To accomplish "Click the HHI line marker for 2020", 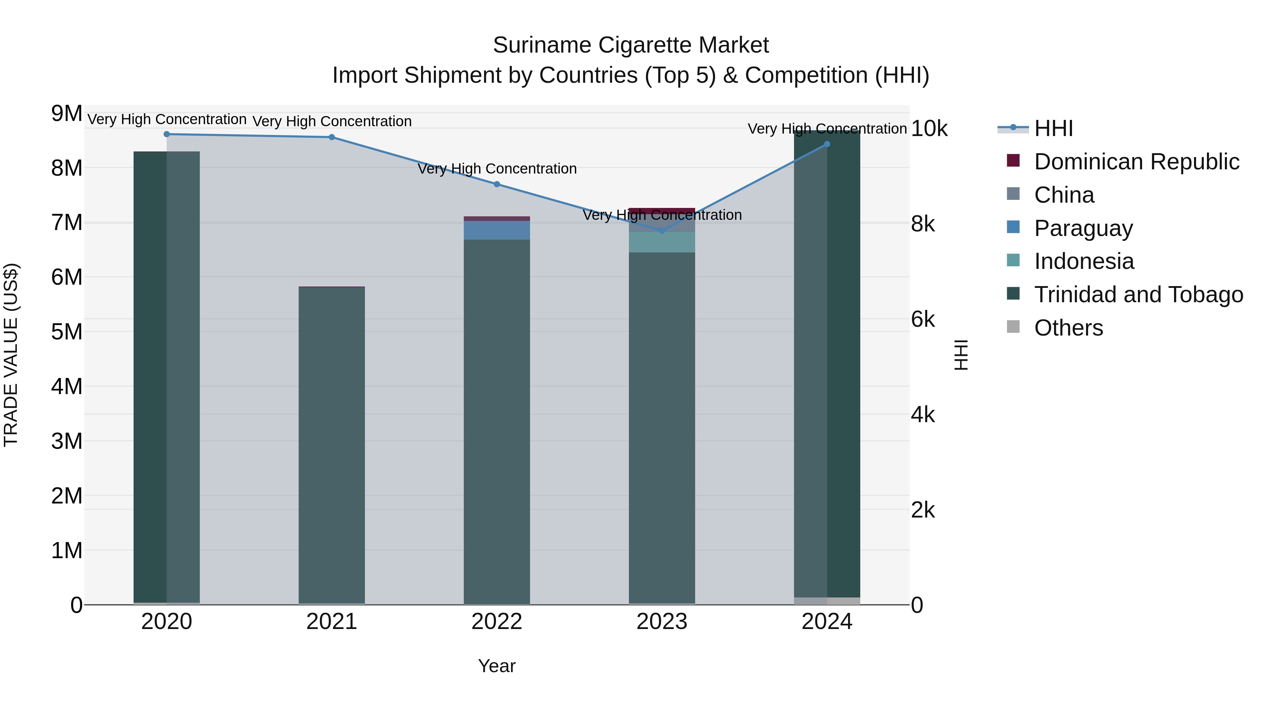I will click(x=167, y=134).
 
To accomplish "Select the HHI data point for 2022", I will click(x=497, y=184).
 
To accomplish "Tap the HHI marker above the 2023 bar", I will click(x=662, y=231).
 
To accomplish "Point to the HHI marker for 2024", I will click(x=827, y=144).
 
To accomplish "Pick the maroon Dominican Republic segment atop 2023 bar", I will click(x=662, y=211).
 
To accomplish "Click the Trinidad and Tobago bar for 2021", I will click(x=332, y=441).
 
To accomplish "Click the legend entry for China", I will click(x=1064, y=195).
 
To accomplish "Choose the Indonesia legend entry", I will click(x=1084, y=261).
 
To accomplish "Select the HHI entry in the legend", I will click(x=1053, y=128).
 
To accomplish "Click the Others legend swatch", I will click(x=1013, y=327).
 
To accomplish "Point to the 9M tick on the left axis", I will click(x=67, y=114).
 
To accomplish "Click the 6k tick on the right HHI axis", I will click(x=923, y=319).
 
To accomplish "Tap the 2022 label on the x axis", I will click(x=497, y=622).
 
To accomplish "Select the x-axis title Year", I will click(x=497, y=666).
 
